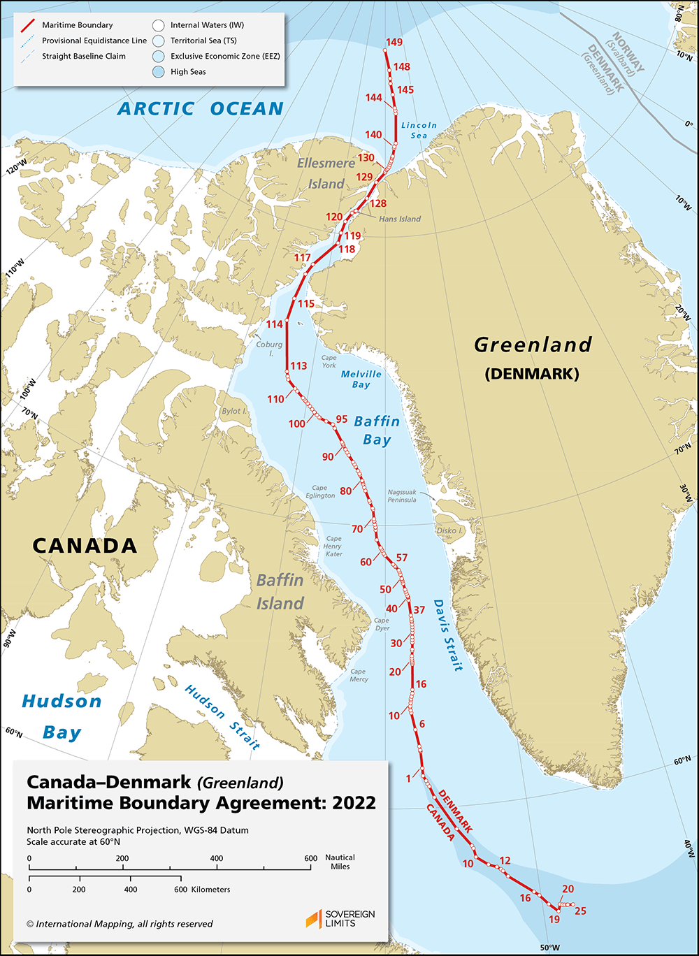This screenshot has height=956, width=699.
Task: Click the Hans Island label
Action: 400,219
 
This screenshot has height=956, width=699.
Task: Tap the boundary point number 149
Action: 394,43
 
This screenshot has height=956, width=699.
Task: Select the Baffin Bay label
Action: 377,430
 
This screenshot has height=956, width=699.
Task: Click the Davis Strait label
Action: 447,634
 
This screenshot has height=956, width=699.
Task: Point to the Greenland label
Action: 533,345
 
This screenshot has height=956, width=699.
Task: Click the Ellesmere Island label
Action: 322,173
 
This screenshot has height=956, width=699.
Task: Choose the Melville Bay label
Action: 361,379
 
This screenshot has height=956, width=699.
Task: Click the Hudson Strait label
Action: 222,717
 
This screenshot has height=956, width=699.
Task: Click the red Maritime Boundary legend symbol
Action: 29,26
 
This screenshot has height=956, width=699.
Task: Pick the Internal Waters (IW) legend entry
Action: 207,26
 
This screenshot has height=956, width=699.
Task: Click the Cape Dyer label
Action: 382,624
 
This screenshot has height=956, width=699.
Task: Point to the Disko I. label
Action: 451,530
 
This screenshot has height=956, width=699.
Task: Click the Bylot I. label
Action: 235,412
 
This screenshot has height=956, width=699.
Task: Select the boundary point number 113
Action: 298,365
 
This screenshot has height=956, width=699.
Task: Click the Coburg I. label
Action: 269,348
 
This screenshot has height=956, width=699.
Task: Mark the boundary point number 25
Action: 579,911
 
